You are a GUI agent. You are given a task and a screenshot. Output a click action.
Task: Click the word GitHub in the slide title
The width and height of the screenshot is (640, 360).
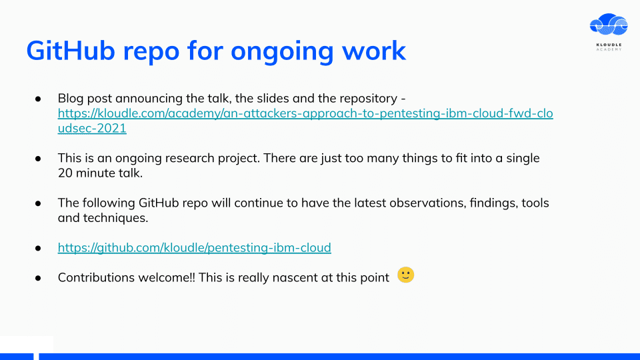tap(71, 51)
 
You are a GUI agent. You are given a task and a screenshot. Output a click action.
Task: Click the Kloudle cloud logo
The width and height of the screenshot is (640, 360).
tap(609, 25)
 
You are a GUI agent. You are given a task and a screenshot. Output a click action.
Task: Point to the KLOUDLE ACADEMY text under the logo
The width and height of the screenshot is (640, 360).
tap(609, 47)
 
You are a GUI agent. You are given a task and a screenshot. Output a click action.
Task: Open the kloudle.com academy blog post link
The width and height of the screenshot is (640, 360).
tap(305, 113)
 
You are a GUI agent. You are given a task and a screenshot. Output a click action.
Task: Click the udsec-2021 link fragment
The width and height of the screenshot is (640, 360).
tap(92, 128)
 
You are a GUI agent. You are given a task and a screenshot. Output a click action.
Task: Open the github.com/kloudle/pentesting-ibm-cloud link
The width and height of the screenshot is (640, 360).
tap(194, 248)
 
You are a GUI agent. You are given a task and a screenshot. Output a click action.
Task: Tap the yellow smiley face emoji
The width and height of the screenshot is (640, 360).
tap(406, 275)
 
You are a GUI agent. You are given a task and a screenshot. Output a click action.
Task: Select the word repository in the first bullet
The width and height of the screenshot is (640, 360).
tap(369, 99)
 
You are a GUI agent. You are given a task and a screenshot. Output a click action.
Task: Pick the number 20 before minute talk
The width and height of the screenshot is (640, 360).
tap(65, 173)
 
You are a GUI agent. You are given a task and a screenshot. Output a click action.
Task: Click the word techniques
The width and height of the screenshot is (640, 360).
tap(115, 218)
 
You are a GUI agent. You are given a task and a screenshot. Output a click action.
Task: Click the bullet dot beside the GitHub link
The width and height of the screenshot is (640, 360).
tap(38, 248)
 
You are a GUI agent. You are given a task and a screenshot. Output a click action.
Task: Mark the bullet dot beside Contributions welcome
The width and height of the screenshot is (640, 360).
tap(38, 278)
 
